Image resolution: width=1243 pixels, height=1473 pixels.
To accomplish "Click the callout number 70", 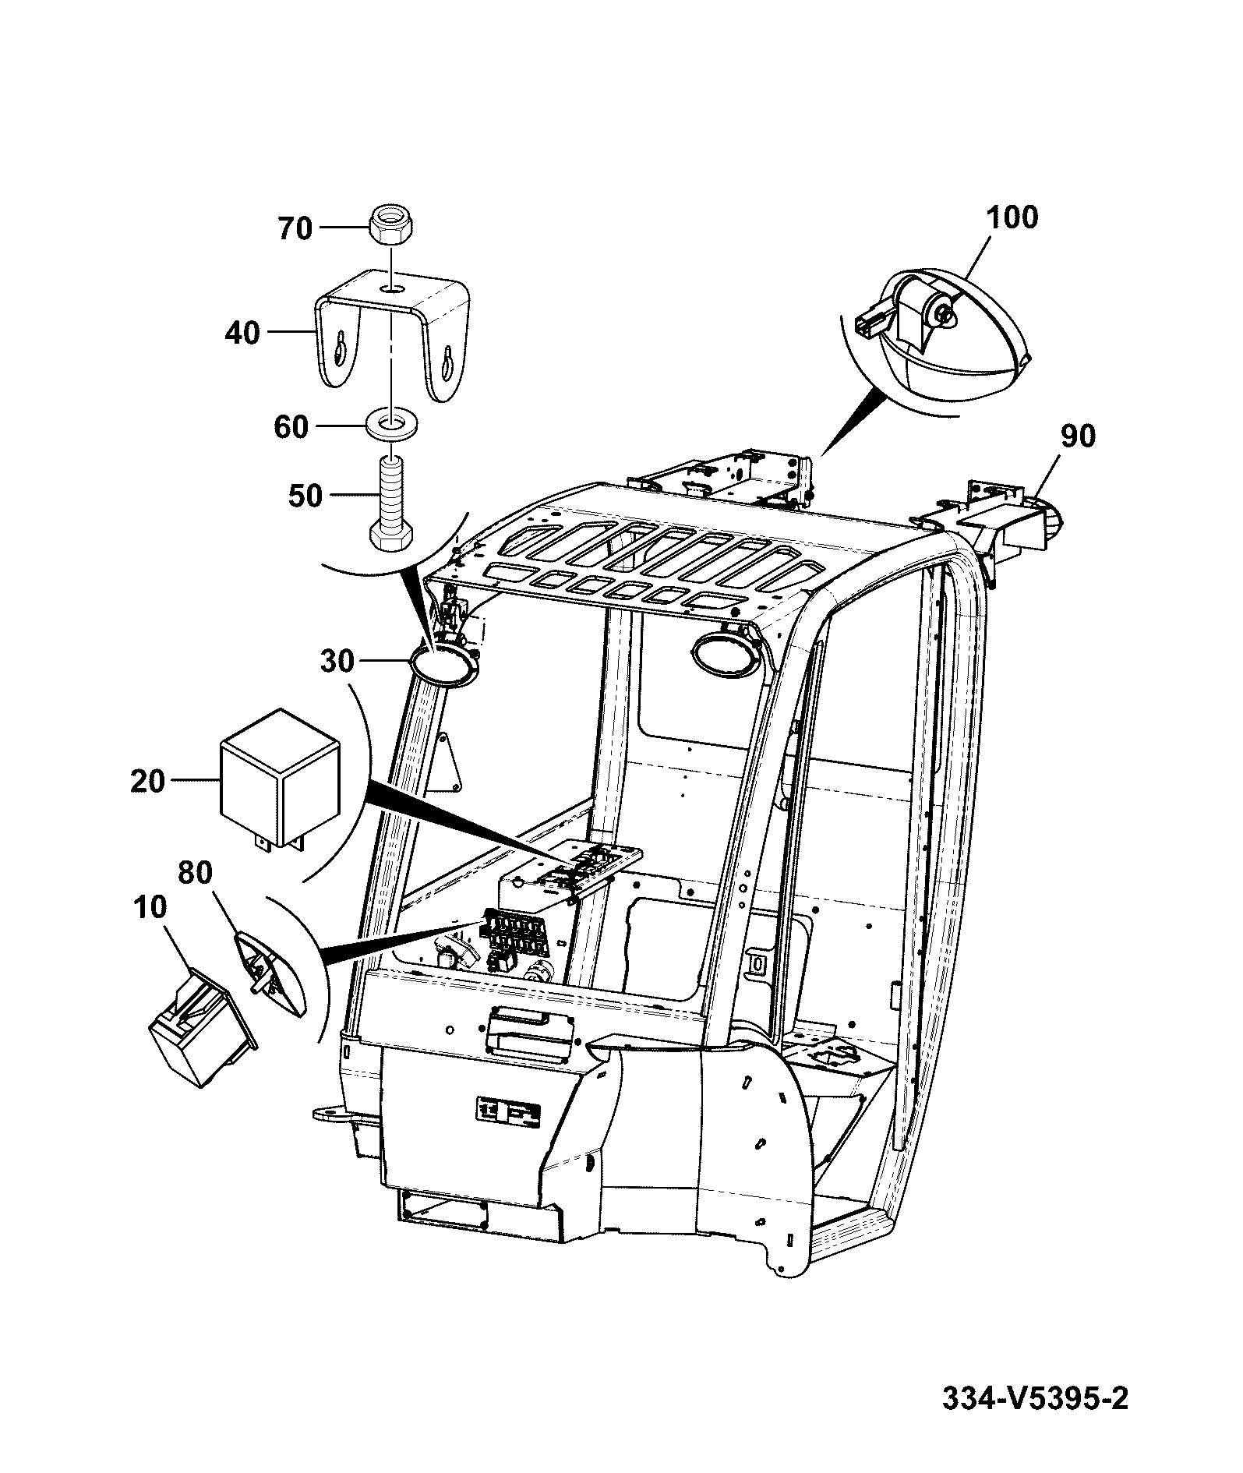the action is (x=295, y=228).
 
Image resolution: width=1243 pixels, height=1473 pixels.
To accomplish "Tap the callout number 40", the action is (x=242, y=333).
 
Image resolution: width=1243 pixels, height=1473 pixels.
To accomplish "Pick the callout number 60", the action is (x=291, y=427).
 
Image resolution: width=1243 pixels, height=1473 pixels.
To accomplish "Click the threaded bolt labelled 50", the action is (x=391, y=505).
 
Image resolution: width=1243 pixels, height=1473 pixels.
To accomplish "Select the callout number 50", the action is (x=305, y=495).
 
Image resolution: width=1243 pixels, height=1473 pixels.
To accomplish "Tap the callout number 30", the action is (x=337, y=662).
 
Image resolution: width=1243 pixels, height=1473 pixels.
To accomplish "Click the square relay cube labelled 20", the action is (x=281, y=779).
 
